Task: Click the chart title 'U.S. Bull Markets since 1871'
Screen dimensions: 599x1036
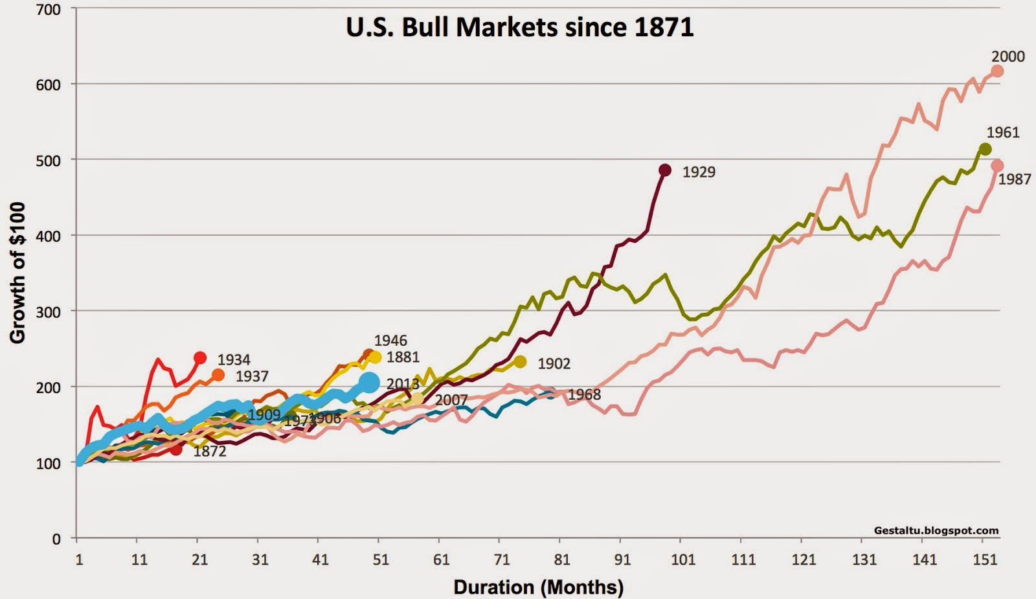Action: [519, 27]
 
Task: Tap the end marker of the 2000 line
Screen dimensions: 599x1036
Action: [997, 71]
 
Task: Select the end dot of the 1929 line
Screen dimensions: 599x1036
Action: [664, 170]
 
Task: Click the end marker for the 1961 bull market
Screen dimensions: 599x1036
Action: [985, 150]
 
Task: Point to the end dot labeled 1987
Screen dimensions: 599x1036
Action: [997, 166]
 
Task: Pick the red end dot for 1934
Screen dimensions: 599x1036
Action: [200, 358]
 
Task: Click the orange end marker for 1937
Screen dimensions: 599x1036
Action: [218, 375]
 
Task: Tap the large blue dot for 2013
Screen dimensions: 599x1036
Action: [369, 382]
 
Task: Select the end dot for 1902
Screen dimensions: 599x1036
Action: [520, 362]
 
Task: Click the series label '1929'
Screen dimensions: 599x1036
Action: [699, 172]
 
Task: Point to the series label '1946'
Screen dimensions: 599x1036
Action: [390, 341]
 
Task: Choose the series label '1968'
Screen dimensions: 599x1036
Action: [584, 394]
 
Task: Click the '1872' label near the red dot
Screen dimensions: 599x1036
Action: [210, 451]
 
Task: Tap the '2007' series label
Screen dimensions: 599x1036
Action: [451, 400]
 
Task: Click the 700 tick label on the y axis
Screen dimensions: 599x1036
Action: [49, 10]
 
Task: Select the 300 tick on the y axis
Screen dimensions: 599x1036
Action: [49, 311]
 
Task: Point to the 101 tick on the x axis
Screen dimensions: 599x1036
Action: [683, 559]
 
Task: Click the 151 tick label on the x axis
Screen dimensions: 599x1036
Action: [985, 559]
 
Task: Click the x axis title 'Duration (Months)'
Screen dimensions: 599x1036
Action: [538, 587]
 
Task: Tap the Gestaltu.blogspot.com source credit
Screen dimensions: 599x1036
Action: [936, 530]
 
